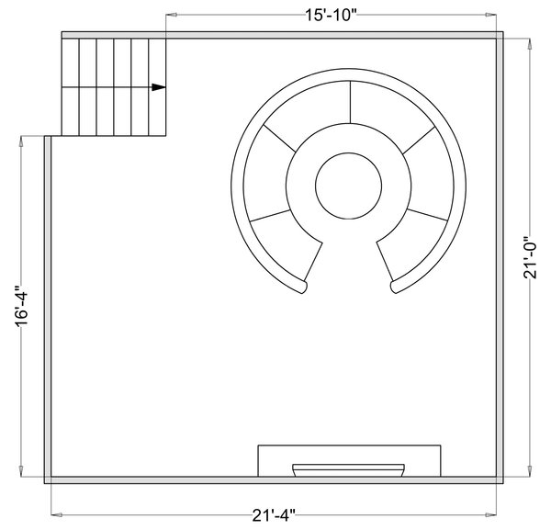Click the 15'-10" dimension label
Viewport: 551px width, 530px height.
pyautogui.click(x=331, y=15)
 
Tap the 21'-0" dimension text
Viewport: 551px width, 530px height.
pyautogui.click(x=530, y=257)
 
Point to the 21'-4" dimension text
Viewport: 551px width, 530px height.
pyautogui.click(x=274, y=515)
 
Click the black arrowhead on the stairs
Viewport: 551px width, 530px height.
pyautogui.click(x=159, y=87)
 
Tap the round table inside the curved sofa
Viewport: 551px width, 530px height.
pyautogui.click(x=349, y=186)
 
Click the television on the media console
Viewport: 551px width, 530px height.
pyautogui.click(x=349, y=470)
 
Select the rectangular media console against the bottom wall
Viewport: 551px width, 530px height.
pyautogui.click(x=349, y=461)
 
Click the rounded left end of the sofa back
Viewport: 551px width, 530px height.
pyautogui.click(x=303, y=287)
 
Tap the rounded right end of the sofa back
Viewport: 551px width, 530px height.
pyautogui.click(x=394, y=287)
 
